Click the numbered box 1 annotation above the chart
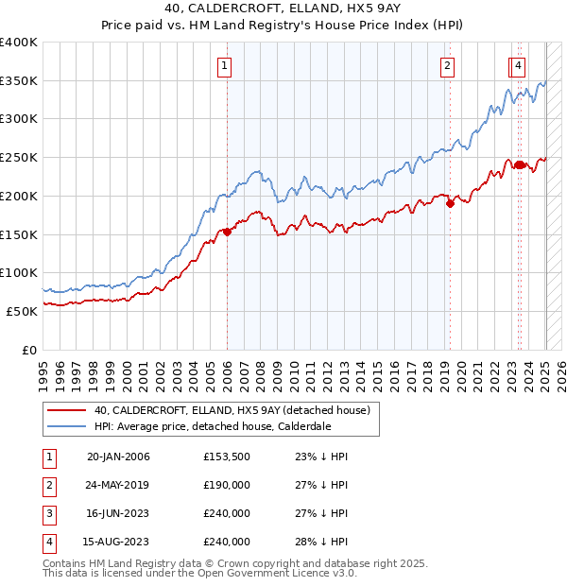225,65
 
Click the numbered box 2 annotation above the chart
446,65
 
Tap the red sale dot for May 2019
450,203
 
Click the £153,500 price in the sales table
227,457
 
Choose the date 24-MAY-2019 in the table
118,486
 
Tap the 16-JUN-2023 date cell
118,514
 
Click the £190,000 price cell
227,486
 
